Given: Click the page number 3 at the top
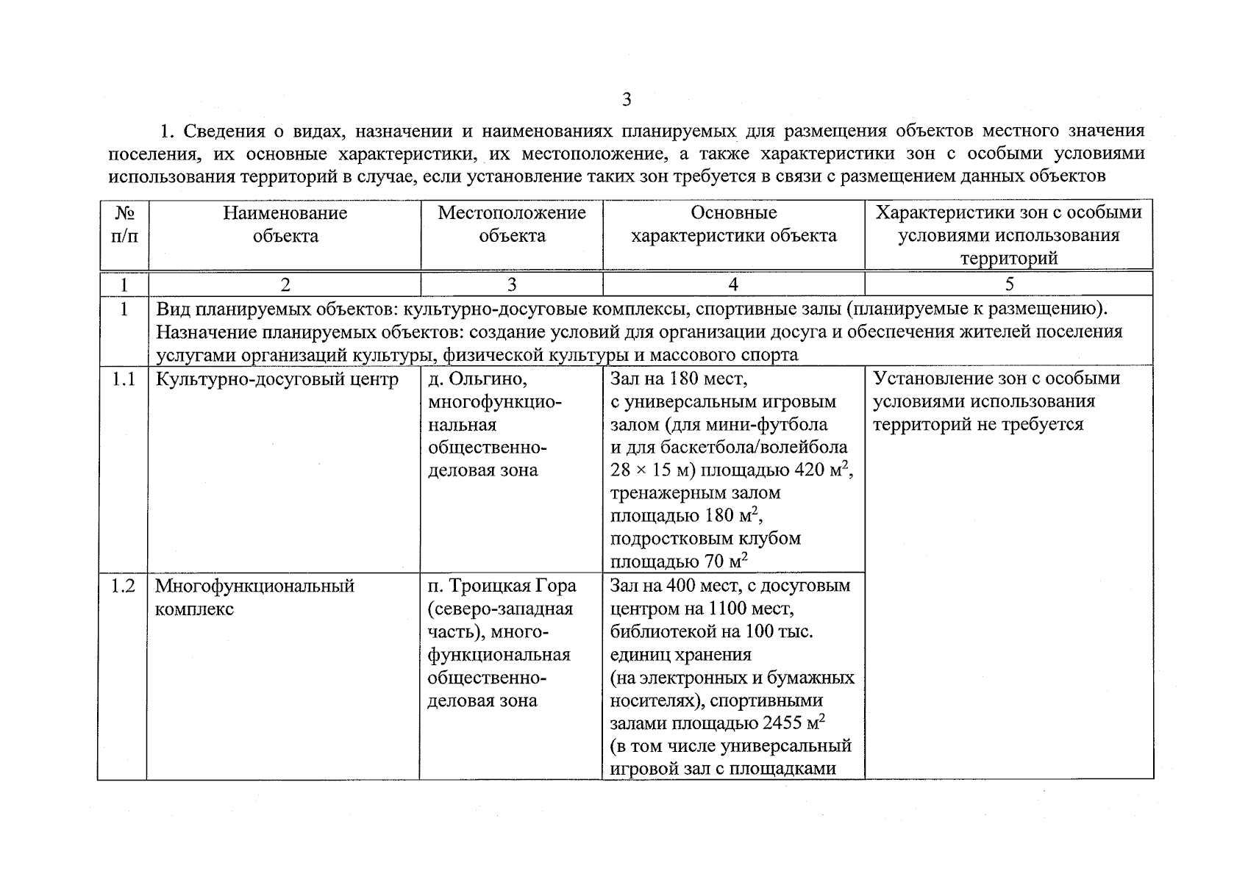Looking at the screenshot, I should (x=626, y=100).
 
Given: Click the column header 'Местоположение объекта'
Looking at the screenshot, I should (x=512, y=224).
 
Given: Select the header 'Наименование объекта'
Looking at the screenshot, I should (x=285, y=224).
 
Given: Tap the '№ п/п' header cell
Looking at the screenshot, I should (x=124, y=224).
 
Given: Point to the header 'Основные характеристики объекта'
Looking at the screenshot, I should (x=733, y=224).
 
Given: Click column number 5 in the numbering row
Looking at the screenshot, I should (x=1009, y=284).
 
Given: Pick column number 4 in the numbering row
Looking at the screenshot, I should (x=732, y=284).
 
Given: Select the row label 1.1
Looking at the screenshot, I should (x=124, y=379).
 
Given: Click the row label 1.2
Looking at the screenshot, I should (x=124, y=587).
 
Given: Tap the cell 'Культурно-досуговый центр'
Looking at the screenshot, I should (x=277, y=379).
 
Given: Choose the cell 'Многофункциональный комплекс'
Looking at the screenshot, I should (x=254, y=597).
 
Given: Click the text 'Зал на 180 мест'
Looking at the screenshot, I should (x=677, y=379).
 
